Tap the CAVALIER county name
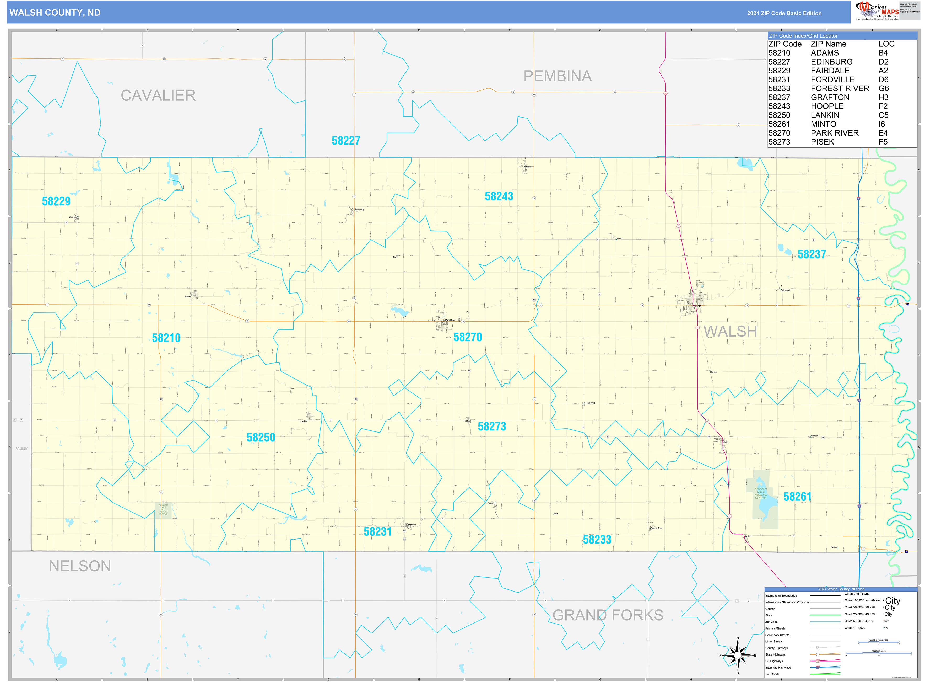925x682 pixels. pyautogui.click(x=158, y=95)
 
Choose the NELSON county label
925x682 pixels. pyautogui.click(x=80, y=566)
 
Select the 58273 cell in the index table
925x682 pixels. pyautogui.click(x=779, y=142)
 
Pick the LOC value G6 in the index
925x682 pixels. pyautogui.click(x=883, y=88)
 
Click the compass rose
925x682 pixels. pyautogui.click(x=737, y=655)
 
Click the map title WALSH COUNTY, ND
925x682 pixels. pyautogui.click(x=55, y=13)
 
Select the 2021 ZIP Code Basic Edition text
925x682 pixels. pyautogui.click(x=784, y=13)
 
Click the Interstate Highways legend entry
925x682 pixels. pyautogui.click(x=778, y=668)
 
